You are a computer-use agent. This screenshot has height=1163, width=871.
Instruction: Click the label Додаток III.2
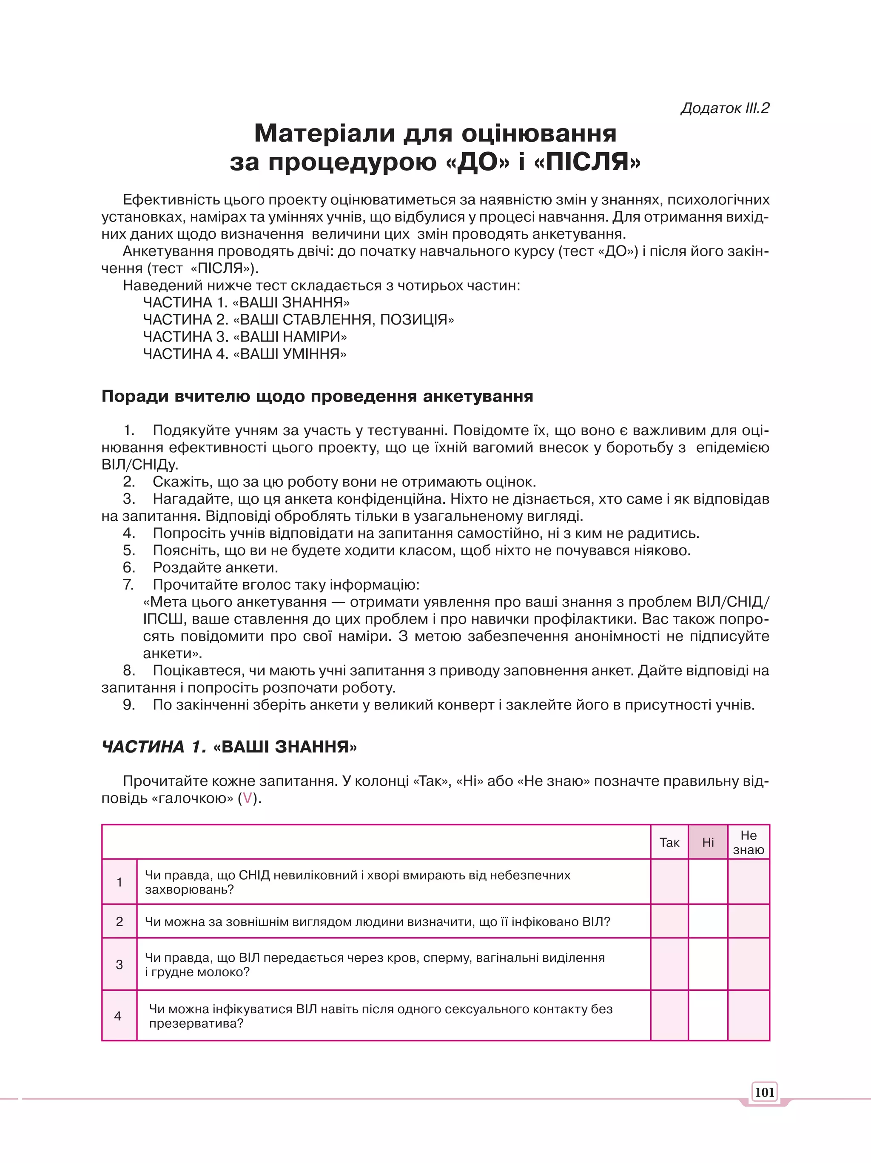(x=724, y=108)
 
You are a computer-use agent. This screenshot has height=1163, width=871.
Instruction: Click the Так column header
(x=669, y=842)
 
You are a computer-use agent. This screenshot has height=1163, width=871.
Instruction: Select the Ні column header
(x=708, y=842)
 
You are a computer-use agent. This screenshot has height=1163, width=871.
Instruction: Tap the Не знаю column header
(x=749, y=842)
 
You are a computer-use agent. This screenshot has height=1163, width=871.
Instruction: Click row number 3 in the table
(x=120, y=964)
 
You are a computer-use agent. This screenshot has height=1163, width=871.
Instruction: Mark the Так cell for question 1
(x=669, y=882)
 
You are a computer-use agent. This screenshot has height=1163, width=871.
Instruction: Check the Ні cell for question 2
(x=708, y=921)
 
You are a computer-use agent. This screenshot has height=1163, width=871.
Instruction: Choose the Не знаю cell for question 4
(x=749, y=1015)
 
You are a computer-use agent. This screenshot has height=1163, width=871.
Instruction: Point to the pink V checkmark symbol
(x=247, y=798)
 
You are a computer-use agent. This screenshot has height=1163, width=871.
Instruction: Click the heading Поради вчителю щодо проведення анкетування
(x=317, y=396)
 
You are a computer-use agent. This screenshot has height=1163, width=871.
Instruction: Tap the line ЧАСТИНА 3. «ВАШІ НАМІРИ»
(x=245, y=336)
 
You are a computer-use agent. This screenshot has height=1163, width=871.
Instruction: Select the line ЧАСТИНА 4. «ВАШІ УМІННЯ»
(x=245, y=354)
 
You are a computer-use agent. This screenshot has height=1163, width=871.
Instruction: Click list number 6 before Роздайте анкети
(x=129, y=567)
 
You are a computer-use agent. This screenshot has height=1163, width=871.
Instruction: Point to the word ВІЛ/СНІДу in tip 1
(x=140, y=465)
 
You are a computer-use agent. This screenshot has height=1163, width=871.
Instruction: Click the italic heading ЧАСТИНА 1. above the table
(x=154, y=747)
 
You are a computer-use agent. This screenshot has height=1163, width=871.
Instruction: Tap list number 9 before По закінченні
(x=129, y=704)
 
